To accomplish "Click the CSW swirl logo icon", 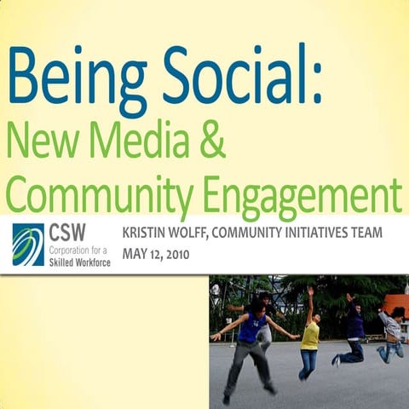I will point(28,245).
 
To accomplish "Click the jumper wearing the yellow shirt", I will point(311,337).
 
